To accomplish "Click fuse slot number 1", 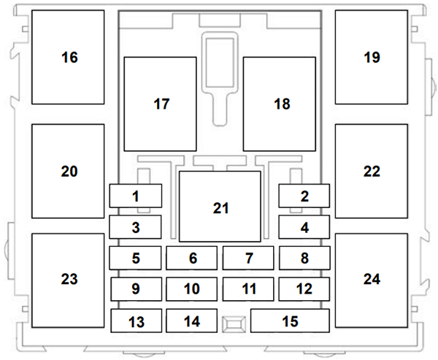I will coord(135,196).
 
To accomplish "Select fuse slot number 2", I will coord(304,196).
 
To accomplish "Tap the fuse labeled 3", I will coord(135,227).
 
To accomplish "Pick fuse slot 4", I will coord(304,227).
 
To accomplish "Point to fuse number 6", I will coord(191,258).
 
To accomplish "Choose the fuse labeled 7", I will coord(248,258).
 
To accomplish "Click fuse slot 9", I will coord(135,288).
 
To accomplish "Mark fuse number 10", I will coord(191,288).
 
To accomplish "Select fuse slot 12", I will coord(304,288).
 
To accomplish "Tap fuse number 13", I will coord(135,320).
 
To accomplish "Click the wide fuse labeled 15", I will coord(290,320).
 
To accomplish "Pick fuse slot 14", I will coord(191,320).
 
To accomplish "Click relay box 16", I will coord(69,56).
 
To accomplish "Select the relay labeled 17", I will coord(161,104).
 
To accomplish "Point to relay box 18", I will coord(280,104).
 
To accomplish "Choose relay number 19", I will coord(371,56).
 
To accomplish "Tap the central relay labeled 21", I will coord(220,207).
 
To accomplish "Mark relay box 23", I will coord(69,280).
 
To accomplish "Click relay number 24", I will coord(371,280).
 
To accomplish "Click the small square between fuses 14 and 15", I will coord(234,322).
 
